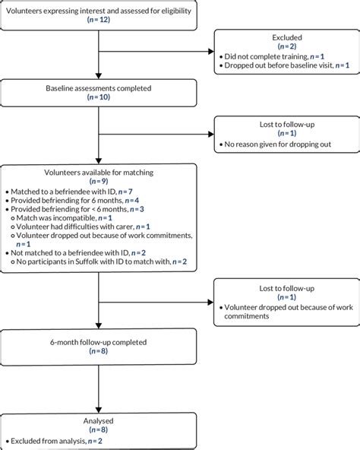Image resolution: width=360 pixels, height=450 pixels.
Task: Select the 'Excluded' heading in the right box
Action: click(281, 36)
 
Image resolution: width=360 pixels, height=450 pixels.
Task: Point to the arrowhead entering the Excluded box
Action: click(210, 52)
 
